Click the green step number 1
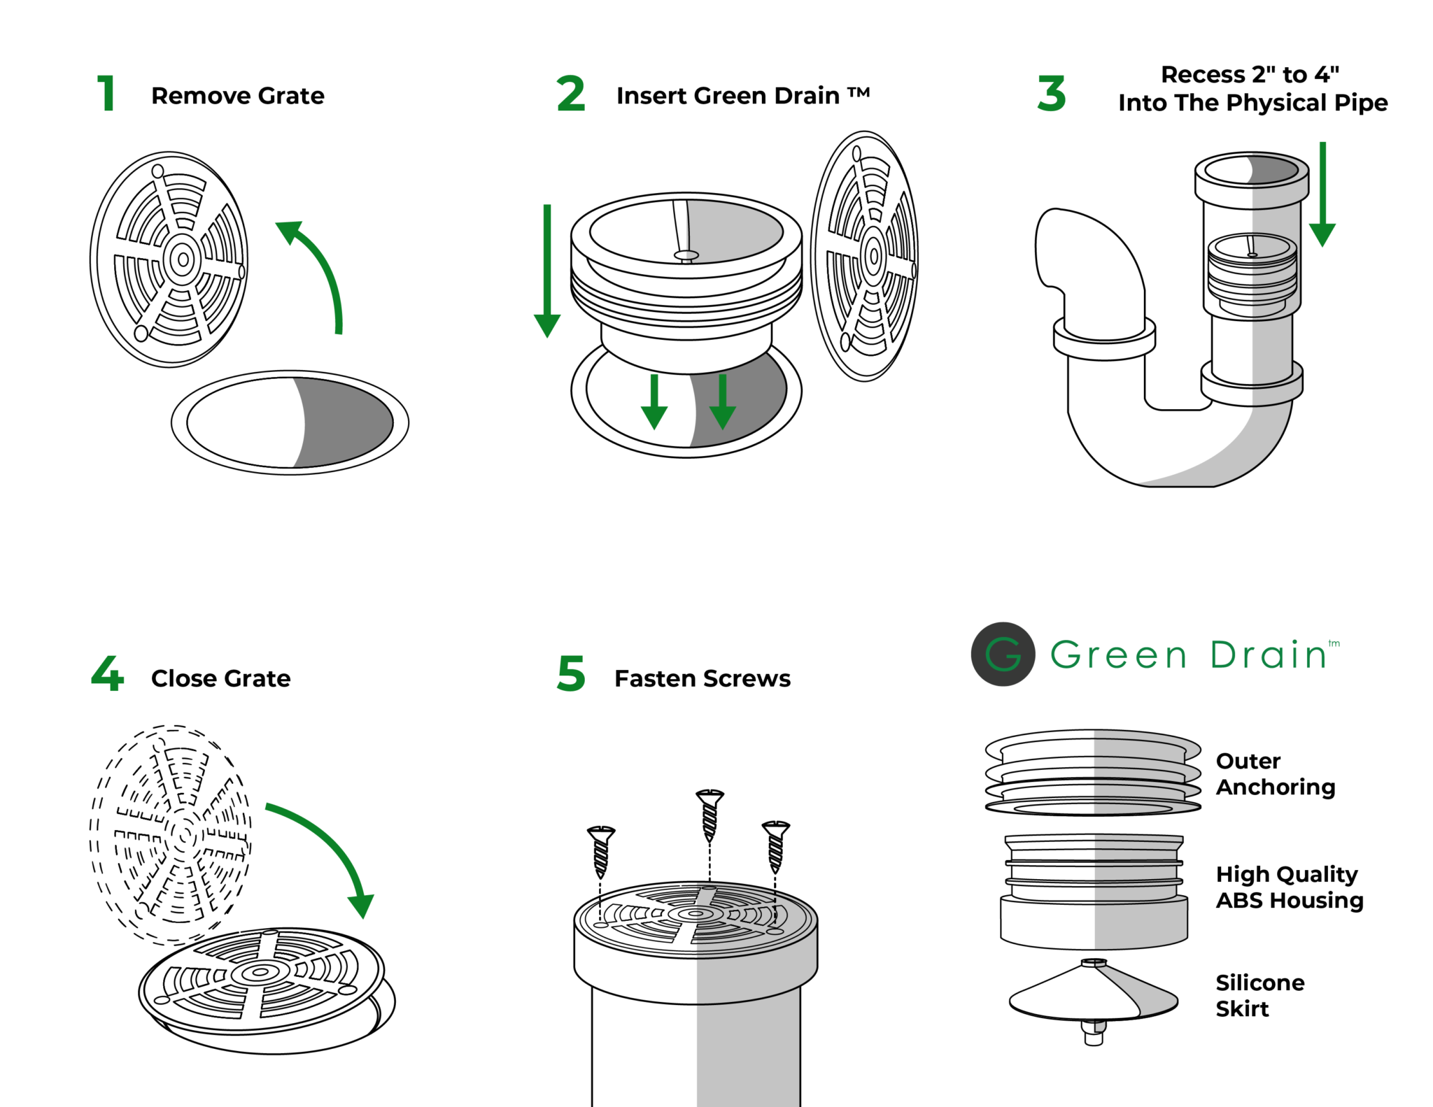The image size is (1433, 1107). (106, 94)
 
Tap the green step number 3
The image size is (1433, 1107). (1052, 94)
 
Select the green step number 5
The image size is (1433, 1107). (571, 674)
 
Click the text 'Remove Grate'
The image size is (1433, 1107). (238, 96)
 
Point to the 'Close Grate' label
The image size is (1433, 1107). (220, 678)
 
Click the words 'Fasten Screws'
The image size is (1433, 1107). (703, 678)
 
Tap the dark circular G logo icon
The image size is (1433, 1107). (1003, 654)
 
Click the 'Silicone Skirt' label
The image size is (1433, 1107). (1259, 995)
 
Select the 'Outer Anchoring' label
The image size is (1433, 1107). (1275, 773)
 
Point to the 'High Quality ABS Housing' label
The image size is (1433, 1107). (1289, 887)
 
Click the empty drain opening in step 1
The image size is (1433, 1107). (290, 422)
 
